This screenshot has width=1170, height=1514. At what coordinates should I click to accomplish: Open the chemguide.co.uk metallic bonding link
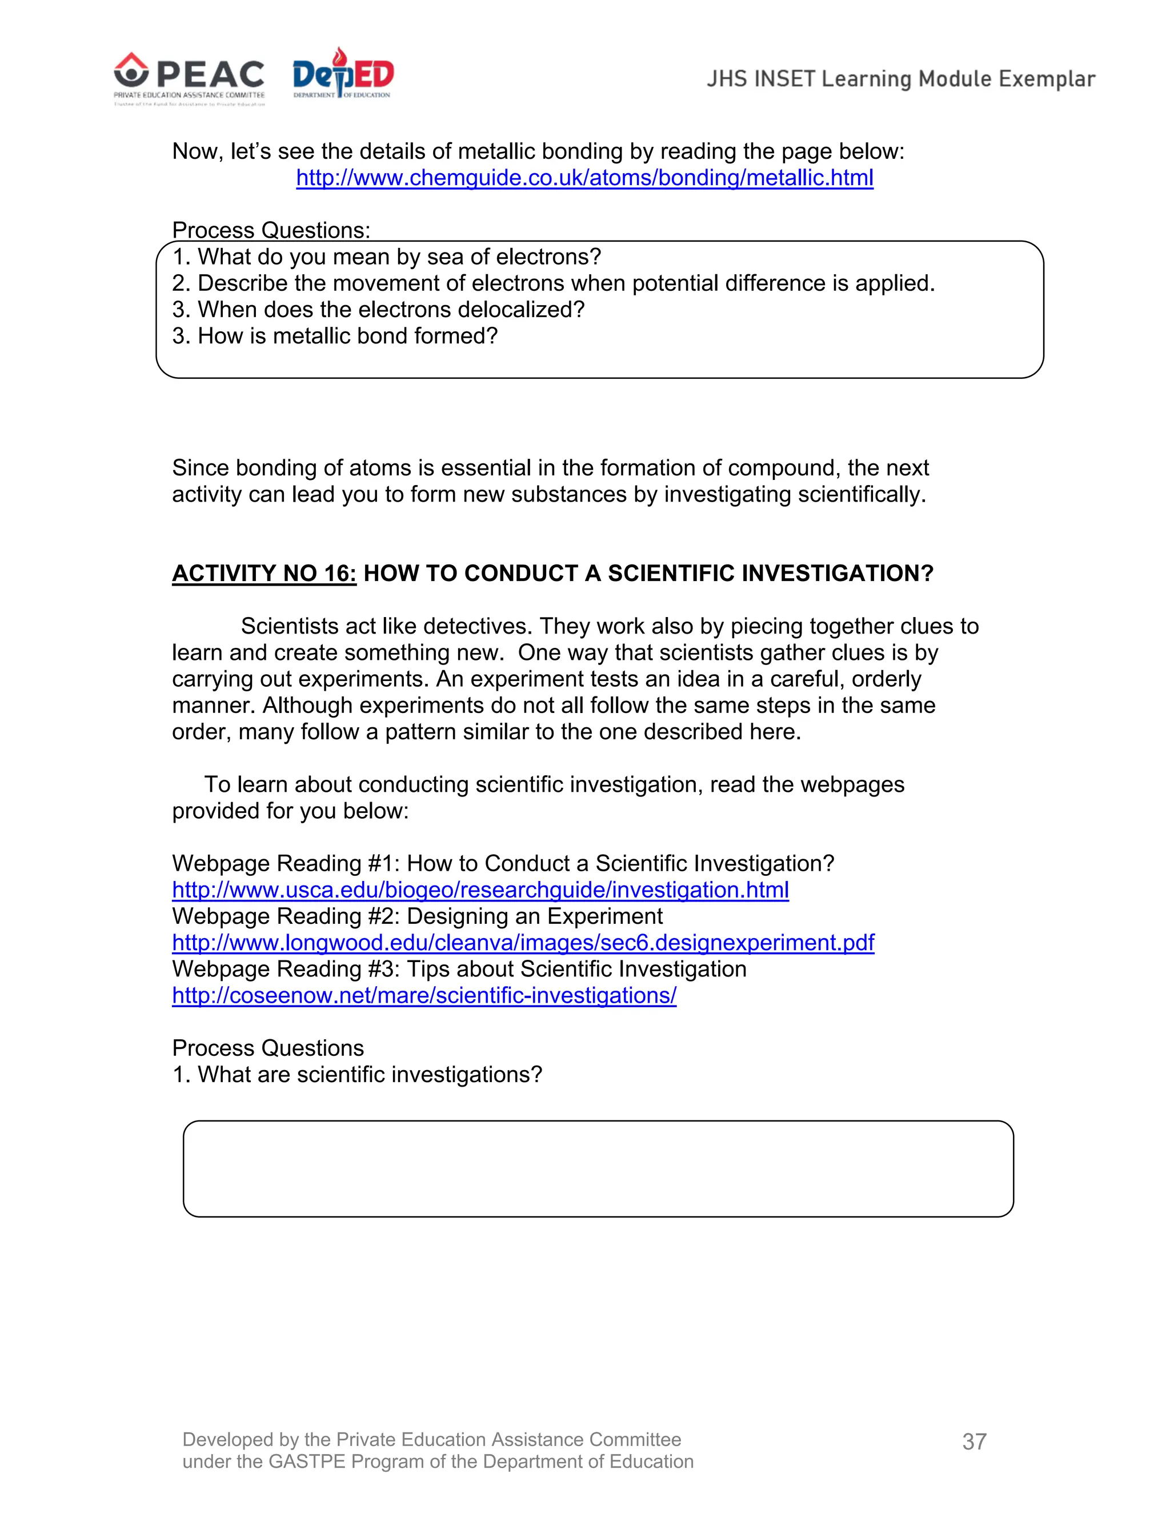click(584, 178)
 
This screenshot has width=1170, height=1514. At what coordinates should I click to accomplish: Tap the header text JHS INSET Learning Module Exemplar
click(900, 79)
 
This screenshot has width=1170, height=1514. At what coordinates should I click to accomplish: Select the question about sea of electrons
click(386, 257)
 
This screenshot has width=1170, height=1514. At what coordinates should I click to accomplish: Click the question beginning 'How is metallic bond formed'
click(335, 336)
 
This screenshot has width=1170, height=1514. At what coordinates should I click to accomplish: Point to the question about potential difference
click(553, 283)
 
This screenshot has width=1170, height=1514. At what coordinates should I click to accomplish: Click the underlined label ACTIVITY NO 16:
click(264, 573)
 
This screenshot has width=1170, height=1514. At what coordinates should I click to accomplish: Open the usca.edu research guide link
click(480, 890)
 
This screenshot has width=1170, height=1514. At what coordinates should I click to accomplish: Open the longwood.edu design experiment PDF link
click(523, 943)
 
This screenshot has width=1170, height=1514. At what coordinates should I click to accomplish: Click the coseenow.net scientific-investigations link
click(424, 995)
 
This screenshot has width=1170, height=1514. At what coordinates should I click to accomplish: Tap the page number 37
click(974, 1442)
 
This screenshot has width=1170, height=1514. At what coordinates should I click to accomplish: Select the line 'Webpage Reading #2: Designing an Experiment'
click(417, 916)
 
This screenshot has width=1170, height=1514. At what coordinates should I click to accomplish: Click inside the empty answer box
click(598, 1168)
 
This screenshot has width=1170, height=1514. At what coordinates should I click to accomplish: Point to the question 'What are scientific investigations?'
click(357, 1075)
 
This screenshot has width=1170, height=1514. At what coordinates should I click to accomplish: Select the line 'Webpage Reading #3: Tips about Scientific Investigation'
click(459, 969)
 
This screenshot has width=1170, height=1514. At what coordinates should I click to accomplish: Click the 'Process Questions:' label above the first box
click(271, 230)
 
